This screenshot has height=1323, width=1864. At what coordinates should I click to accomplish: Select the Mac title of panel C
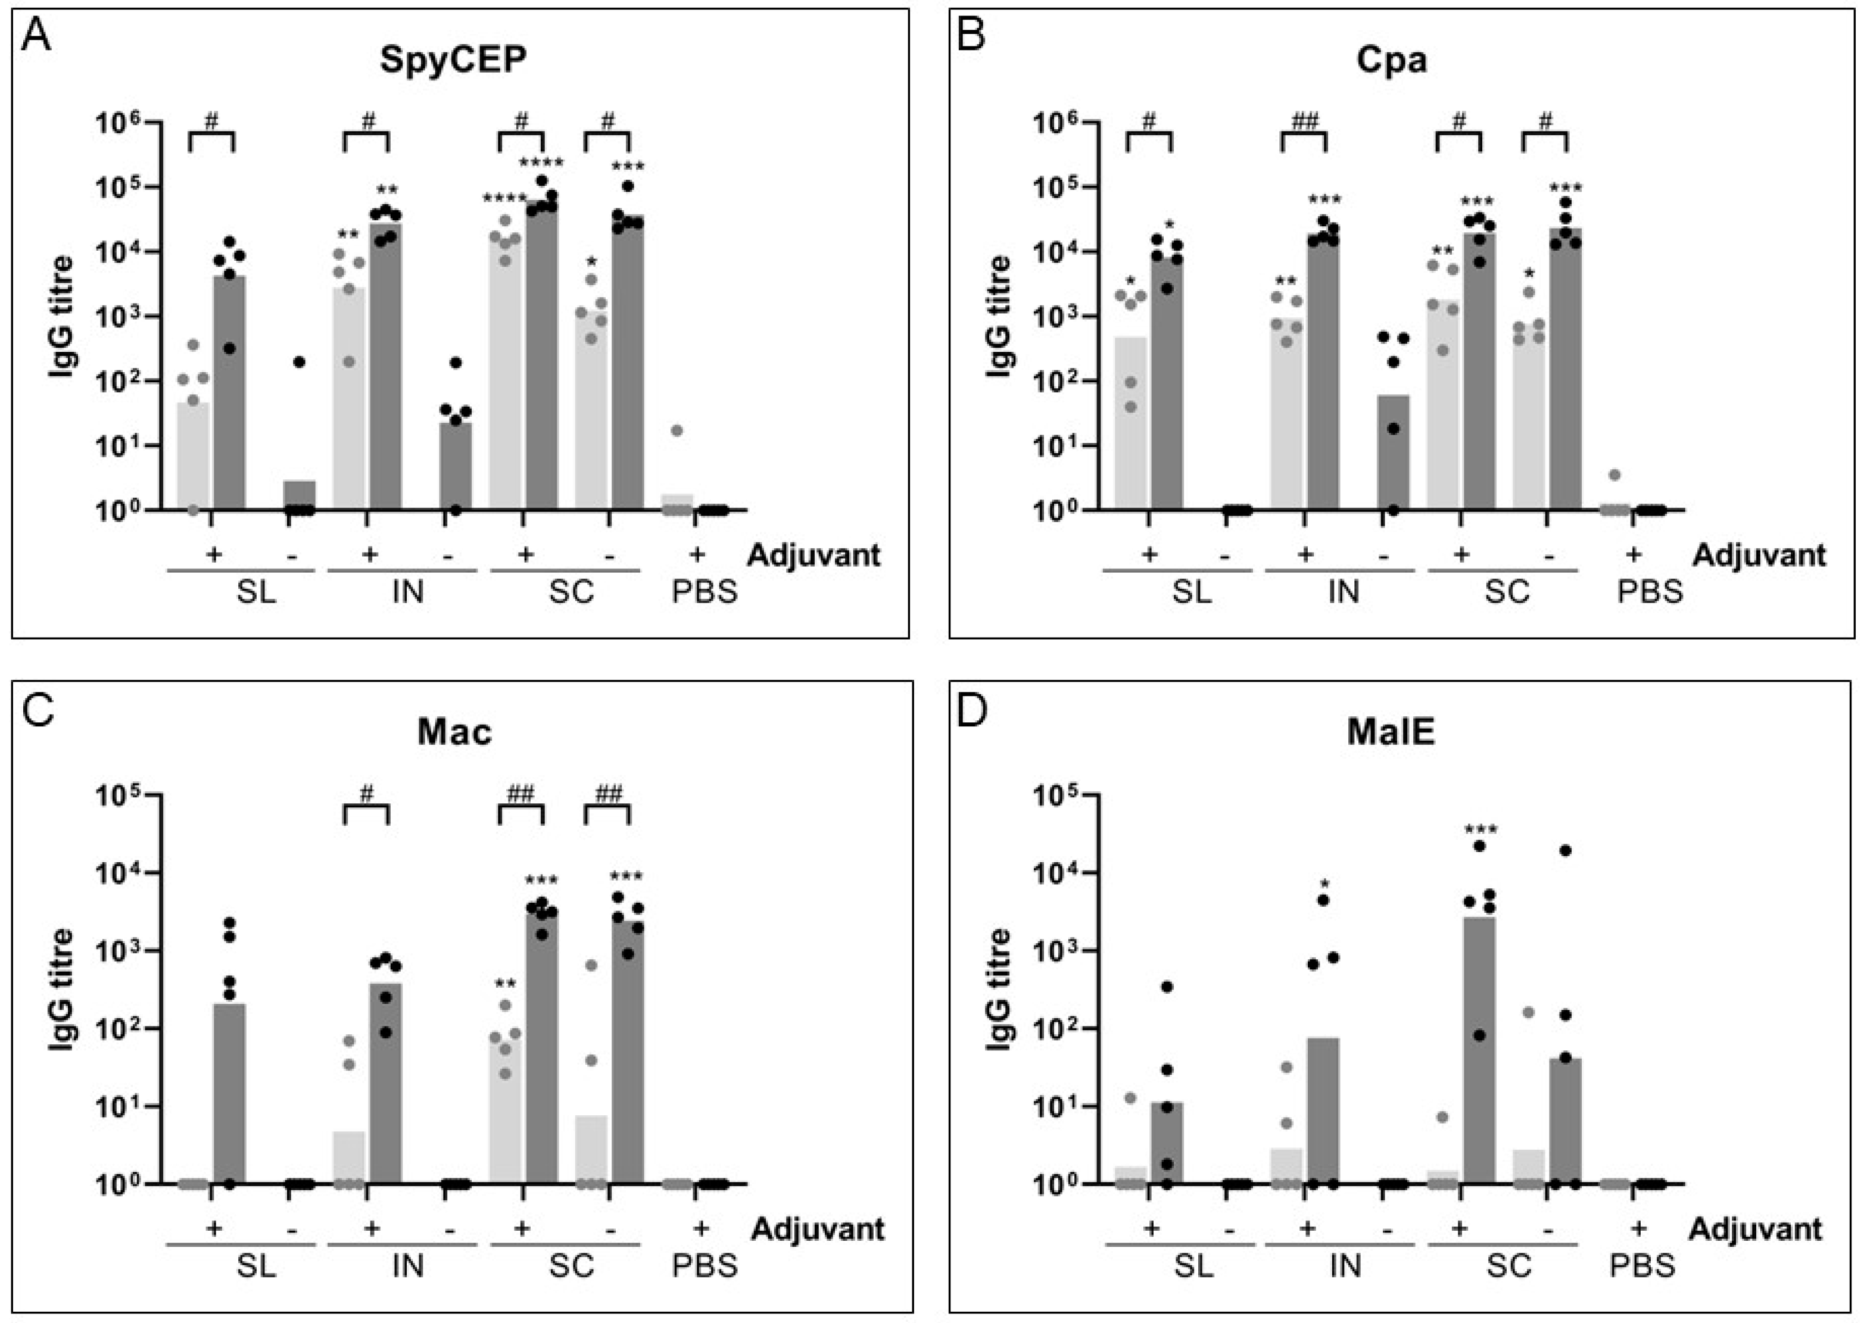tap(454, 732)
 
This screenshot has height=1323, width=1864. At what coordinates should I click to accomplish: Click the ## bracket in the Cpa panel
tap(1304, 130)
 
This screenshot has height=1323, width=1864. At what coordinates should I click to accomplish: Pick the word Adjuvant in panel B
tap(1759, 555)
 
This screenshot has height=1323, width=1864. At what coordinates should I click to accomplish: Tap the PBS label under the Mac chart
tap(704, 1266)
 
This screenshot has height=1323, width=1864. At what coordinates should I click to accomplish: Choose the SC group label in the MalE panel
tap(1507, 1266)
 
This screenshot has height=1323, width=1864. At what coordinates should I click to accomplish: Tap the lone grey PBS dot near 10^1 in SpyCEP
tap(676, 430)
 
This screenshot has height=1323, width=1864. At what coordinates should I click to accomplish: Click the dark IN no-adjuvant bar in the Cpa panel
tap(1393, 452)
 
